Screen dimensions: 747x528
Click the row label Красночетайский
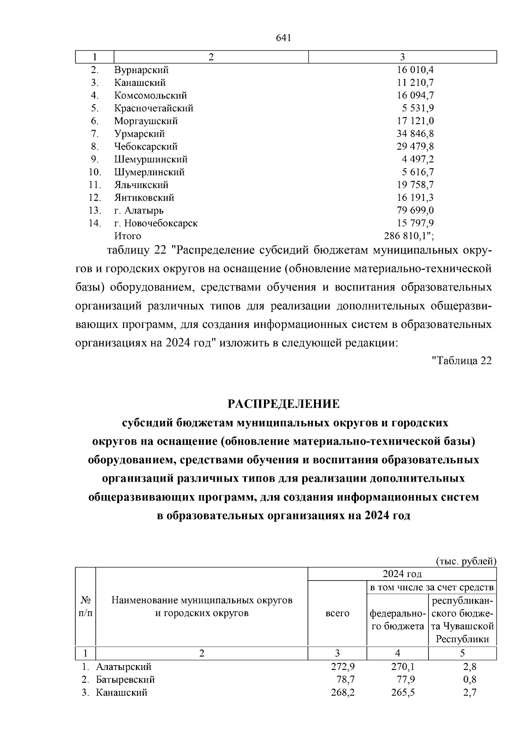pos(154,108)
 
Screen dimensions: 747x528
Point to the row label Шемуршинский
pos(151,159)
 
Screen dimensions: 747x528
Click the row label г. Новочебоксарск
pos(156,223)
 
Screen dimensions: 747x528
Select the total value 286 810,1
pos(408,236)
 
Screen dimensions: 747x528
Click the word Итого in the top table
pos(128,236)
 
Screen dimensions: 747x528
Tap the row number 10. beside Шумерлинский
pos(95,172)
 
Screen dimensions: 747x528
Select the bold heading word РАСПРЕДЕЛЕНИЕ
pos(283,404)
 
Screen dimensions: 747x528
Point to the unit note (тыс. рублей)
pos(466,561)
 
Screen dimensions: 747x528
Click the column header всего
pos(337,613)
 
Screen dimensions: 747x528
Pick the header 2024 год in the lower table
pos(402,574)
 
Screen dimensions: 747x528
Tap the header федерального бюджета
pos(397,619)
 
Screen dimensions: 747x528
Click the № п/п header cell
pos(85,607)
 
